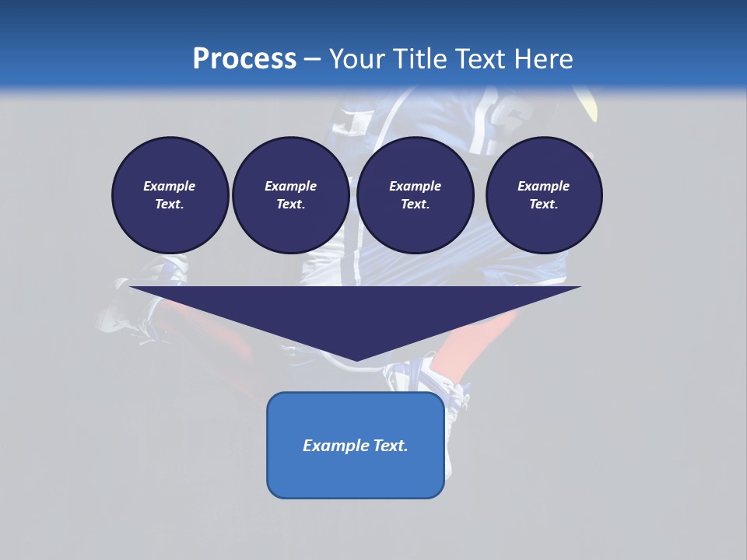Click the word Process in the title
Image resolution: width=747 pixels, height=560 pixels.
click(x=244, y=58)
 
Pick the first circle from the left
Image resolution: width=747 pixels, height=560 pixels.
click(x=170, y=194)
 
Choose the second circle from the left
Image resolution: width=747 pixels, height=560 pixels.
click(x=290, y=194)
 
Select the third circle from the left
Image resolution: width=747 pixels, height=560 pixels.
click(x=415, y=194)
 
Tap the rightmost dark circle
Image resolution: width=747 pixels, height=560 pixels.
click(x=544, y=194)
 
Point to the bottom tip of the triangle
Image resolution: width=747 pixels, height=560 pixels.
click(x=356, y=359)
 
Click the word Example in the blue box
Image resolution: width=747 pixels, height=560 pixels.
click(x=336, y=446)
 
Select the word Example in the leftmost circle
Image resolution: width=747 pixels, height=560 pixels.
click(x=170, y=186)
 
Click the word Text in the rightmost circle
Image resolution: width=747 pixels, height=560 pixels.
click(x=542, y=204)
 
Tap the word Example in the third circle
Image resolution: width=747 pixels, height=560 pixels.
click(x=415, y=186)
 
